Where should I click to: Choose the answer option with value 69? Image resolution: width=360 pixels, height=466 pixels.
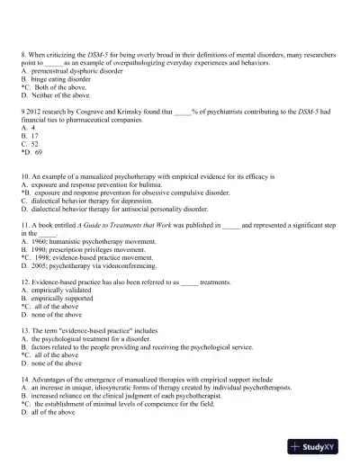36,151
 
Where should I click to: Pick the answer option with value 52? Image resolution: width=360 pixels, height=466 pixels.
34,144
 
